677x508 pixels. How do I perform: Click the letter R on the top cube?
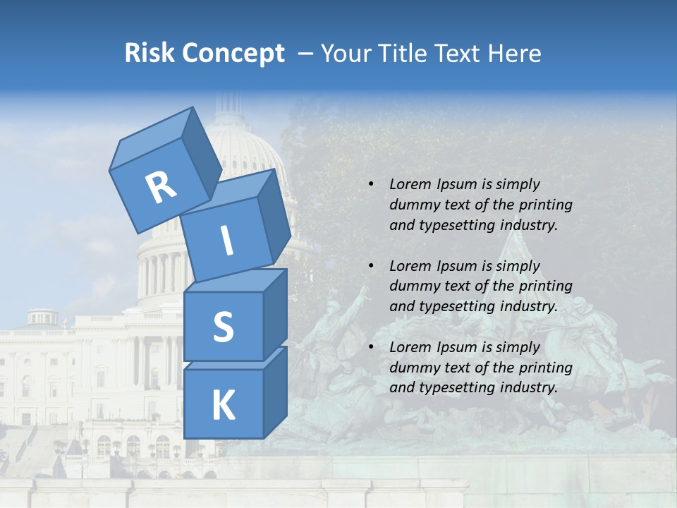[x=161, y=188]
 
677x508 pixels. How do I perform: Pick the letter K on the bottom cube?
[x=223, y=406]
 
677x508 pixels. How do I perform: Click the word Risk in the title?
[x=150, y=53]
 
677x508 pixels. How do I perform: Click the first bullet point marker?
[x=371, y=184]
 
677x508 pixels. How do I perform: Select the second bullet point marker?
[x=371, y=266]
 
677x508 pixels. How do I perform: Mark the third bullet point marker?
[x=371, y=347]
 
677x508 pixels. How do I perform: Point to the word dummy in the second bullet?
[x=412, y=286]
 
